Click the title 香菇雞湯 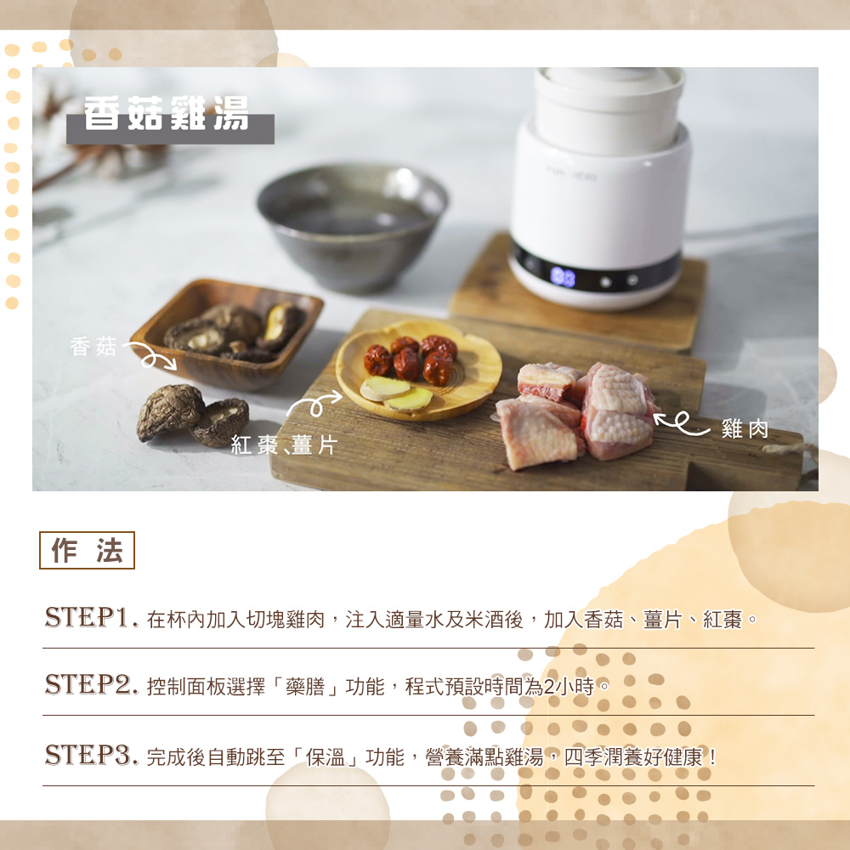[167, 113]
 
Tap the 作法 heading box [87, 550]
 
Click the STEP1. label [91, 617]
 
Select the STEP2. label [91, 684]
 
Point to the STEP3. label [91, 755]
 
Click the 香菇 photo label [93, 347]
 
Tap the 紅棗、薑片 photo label [284, 445]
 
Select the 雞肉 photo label [745, 428]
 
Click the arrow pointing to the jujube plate [314, 403]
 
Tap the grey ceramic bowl [353, 226]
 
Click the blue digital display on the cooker [563, 277]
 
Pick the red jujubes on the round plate [411, 359]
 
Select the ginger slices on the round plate [396, 394]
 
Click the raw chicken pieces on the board [575, 414]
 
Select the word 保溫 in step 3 [326, 756]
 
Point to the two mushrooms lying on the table [192, 416]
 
